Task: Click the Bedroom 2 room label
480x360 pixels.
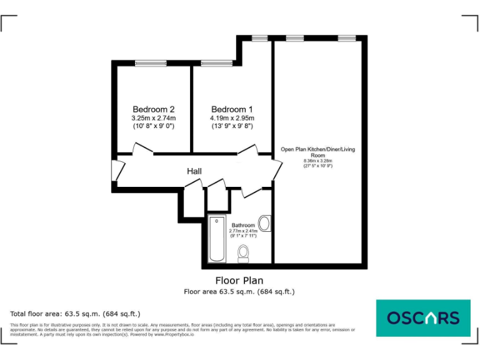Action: coord(153,109)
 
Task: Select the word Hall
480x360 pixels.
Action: coord(194,171)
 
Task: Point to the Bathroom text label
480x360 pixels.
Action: coord(243,225)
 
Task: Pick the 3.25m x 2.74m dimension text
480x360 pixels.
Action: coord(153,117)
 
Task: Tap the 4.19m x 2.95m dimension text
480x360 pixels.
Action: coord(232,117)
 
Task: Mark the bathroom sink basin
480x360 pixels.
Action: coord(265,224)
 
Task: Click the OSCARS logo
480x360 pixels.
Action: coord(422,318)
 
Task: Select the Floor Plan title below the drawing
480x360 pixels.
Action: coord(239,281)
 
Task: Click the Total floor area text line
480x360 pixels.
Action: coord(75,314)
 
